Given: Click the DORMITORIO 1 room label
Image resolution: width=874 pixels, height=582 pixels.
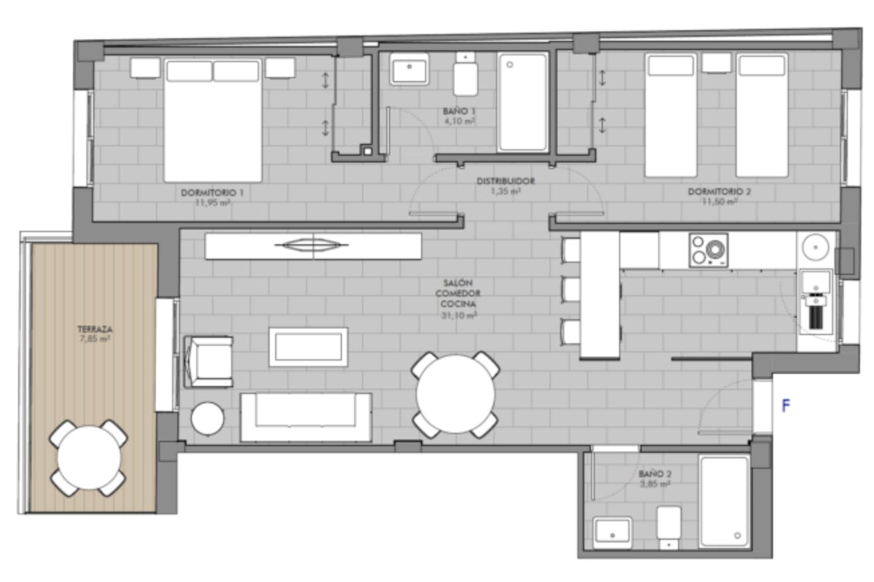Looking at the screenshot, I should (x=212, y=193).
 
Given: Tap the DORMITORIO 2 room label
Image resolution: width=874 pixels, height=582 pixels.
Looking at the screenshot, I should (x=719, y=192).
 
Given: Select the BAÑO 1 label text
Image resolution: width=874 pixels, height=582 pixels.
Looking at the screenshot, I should (x=459, y=111).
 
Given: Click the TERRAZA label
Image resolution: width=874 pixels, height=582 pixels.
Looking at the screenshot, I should (x=94, y=330).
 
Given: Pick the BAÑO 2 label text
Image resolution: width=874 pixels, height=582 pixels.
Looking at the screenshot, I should (x=654, y=474).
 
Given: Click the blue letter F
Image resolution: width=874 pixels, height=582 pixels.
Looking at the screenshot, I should (x=786, y=405).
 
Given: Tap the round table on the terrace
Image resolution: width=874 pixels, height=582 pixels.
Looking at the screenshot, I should (x=88, y=458).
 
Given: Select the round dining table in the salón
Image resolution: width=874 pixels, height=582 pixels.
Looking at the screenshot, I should (x=456, y=395).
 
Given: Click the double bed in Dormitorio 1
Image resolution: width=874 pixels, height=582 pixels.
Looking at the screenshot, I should (x=212, y=120).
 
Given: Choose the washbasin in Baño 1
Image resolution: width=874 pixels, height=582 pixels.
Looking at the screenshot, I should (x=410, y=69).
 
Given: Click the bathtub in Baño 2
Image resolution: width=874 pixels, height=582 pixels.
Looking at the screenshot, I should (x=723, y=501).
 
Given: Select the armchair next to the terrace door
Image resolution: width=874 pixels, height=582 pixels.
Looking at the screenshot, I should (x=209, y=361).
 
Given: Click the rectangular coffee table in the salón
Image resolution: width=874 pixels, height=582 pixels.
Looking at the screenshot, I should (x=309, y=347).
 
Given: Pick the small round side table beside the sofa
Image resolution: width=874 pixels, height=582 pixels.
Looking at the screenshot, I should (x=207, y=419).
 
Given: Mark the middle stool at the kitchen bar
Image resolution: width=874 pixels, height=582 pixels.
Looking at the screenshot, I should (x=570, y=290).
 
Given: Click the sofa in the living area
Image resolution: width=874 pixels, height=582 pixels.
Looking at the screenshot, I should (x=306, y=417).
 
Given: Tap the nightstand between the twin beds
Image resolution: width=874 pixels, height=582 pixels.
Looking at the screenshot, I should (x=716, y=63).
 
